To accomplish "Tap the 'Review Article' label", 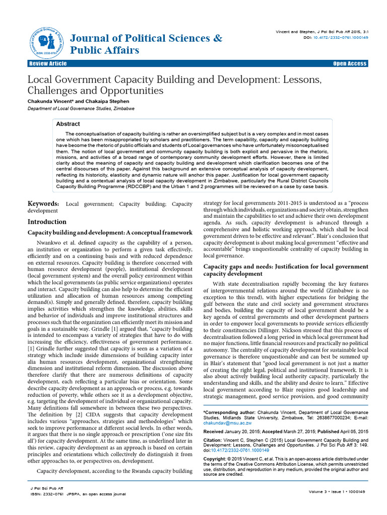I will pyautogui.click(x=48, y=64).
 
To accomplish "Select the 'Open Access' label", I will pyautogui.click(x=350, y=64).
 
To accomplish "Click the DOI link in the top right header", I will pyautogui.click(x=342, y=37).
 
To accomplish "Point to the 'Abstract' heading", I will pyautogui.click(x=68, y=124).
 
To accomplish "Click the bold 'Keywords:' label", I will pyautogui.click(x=43, y=204).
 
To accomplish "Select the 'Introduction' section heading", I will pyautogui.click(x=47, y=222).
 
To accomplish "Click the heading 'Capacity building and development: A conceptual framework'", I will pyautogui.click(x=109, y=232).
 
